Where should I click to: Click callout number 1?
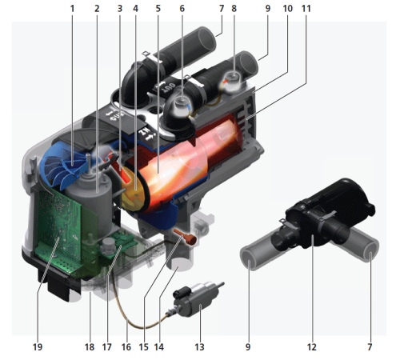72,9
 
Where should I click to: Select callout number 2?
96,9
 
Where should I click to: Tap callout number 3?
119,9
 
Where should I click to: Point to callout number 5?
158,9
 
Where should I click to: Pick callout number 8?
234,9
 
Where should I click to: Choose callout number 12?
312,347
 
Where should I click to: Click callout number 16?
126,347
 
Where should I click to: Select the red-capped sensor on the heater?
233,80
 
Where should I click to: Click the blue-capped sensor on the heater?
182,102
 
